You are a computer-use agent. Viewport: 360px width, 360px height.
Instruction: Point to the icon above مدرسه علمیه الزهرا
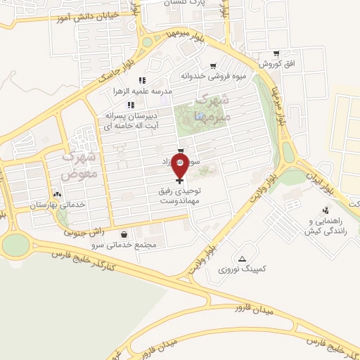[141, 80]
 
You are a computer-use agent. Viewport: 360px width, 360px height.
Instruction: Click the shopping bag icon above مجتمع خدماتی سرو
[124, 235]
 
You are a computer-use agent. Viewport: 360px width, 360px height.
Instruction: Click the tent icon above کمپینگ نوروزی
[243, 258]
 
